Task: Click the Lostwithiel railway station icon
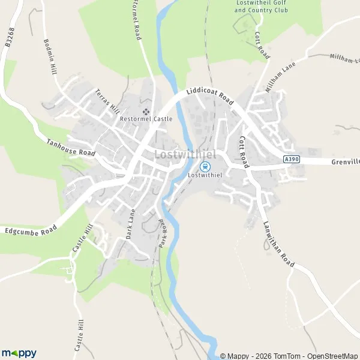click(205, 166)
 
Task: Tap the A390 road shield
click(291, 159)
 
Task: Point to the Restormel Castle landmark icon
click(146, 111)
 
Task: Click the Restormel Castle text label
click(146, 119)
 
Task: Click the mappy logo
click(19, 353)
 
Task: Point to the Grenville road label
click(344, 162)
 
